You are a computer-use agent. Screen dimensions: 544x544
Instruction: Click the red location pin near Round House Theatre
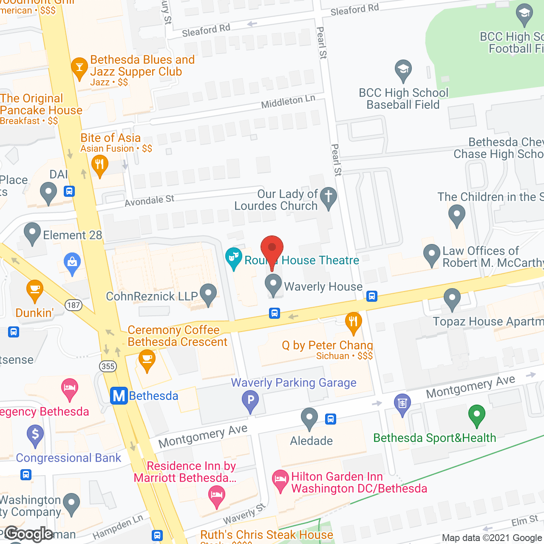(272, 248)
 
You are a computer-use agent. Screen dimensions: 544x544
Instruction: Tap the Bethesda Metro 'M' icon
(119, 396)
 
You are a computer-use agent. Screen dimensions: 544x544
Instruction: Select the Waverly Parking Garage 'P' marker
(250, 400)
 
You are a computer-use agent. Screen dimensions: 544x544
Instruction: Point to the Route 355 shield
(108, 366)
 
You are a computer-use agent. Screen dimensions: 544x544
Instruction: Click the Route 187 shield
(74, 305)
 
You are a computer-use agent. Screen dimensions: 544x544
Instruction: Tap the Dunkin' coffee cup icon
(35, 290)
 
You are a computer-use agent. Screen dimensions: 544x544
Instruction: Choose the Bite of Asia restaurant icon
(99, 164)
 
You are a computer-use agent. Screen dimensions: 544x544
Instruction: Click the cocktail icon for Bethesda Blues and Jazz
(79, 67)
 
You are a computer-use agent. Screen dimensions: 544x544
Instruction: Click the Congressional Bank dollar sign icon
(35, 434)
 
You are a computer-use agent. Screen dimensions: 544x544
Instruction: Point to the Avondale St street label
(150, 200)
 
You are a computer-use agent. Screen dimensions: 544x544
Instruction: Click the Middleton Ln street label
(288, 102)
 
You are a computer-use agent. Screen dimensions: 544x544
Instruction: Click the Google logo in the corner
(29, 534)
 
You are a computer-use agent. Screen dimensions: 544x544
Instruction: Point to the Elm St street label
(524, 520)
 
